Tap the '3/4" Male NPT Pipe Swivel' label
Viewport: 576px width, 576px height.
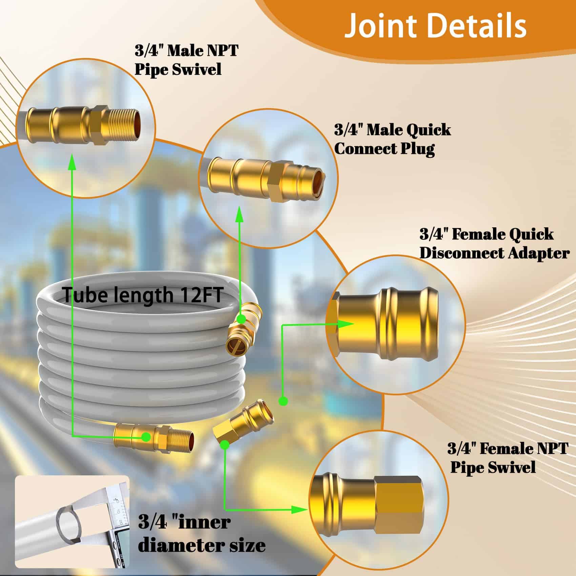[x=186, y=60]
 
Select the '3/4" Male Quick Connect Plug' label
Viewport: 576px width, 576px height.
[x=392, y=139]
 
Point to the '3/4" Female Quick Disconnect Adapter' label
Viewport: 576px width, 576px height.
[x=494, y=244]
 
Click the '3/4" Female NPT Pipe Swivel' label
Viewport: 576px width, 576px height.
[x=507, y=458]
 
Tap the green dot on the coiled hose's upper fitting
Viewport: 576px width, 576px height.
[x=241, y=319]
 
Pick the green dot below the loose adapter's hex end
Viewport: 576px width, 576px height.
[x=224, y=445]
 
